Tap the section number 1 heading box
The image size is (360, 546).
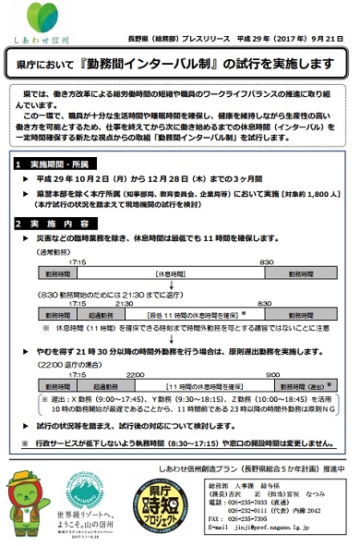tap(19, 163)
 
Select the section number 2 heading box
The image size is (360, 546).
tap(19, 224)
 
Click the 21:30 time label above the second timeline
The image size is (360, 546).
tap(125, 303)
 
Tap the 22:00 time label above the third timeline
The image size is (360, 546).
tap(135, 372)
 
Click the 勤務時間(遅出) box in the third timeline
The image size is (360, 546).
tap(304, 384)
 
